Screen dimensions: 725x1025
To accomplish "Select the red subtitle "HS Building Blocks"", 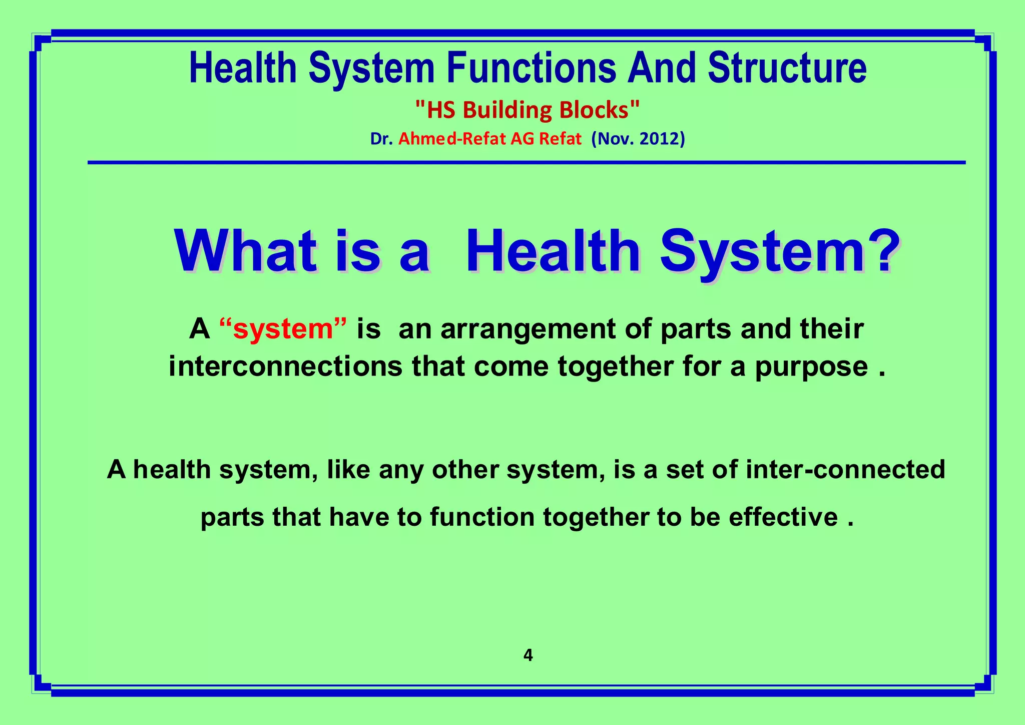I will pos(528,110).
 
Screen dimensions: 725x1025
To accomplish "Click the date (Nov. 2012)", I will pos(638,139).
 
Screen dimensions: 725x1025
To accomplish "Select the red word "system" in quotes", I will pos(283,329).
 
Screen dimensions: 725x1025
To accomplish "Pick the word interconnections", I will pos(285,367).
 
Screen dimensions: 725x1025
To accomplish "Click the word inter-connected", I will pos(845,470).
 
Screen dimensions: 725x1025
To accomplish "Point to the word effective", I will pos(783,517).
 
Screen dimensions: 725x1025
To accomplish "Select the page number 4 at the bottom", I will pos(528,655).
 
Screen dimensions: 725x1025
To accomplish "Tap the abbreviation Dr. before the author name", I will pos(381,139).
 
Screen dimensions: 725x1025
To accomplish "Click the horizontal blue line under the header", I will pos(526,162).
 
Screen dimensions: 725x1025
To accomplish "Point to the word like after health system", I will pos(348,470).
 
